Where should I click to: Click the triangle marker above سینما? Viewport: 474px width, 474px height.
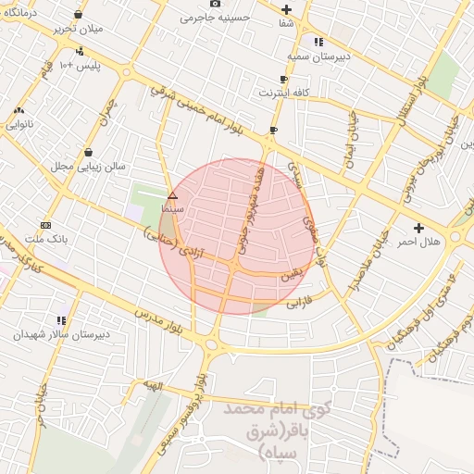point(172,195)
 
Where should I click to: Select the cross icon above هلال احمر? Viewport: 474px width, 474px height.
point(418,227)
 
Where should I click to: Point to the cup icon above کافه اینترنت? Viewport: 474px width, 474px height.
point(284,80)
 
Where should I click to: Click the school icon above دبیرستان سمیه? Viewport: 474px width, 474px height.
point(318,42)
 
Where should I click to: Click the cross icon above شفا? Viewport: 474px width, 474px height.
point(287,9)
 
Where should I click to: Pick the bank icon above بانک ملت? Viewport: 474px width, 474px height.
point(46,225)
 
